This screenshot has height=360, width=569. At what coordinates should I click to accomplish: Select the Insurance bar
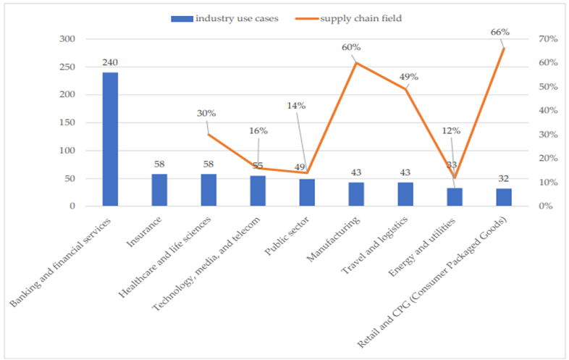coord(159,190)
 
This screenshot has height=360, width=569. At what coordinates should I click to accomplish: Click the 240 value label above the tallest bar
coord(110,63)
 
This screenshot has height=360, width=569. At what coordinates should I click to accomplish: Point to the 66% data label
coord(500,32)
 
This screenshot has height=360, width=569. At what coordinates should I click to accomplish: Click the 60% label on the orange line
coord(352,48)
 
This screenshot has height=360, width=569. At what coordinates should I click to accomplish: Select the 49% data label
coord(409,77)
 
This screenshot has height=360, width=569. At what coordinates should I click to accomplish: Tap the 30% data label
coord(206,113)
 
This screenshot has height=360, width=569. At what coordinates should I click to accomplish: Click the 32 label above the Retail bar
coord(504,178)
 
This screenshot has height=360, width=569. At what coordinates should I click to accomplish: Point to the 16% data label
coord(258,131)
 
